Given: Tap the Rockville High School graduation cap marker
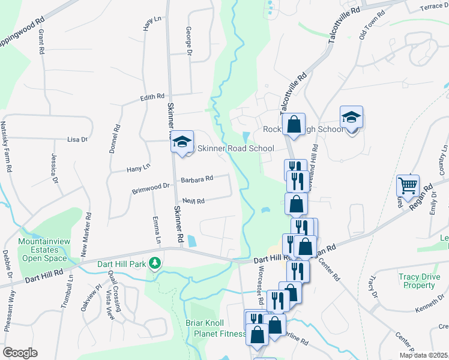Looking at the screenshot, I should tap(351, 118).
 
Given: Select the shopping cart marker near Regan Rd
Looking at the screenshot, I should tap(408, 186).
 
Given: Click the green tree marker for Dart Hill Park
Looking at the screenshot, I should tap(155, 263).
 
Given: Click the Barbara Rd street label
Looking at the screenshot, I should tap(197, 179).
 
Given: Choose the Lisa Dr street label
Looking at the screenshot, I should tap(77, 139).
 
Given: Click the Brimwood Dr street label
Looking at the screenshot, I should tap(151, 188).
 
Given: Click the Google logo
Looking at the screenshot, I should tap(20, 352).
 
